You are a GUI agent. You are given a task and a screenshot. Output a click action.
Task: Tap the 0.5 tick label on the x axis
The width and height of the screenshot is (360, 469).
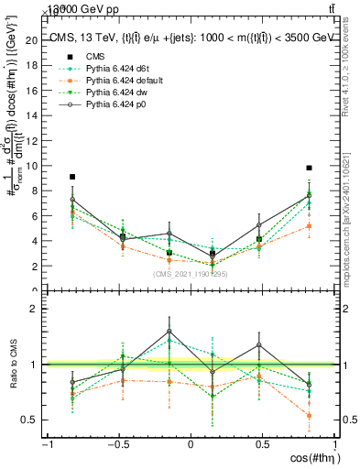263,444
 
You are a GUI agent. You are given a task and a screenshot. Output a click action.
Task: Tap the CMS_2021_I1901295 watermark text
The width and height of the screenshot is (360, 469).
190,274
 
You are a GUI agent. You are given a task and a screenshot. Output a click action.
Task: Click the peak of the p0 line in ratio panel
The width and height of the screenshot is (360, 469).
169,331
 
